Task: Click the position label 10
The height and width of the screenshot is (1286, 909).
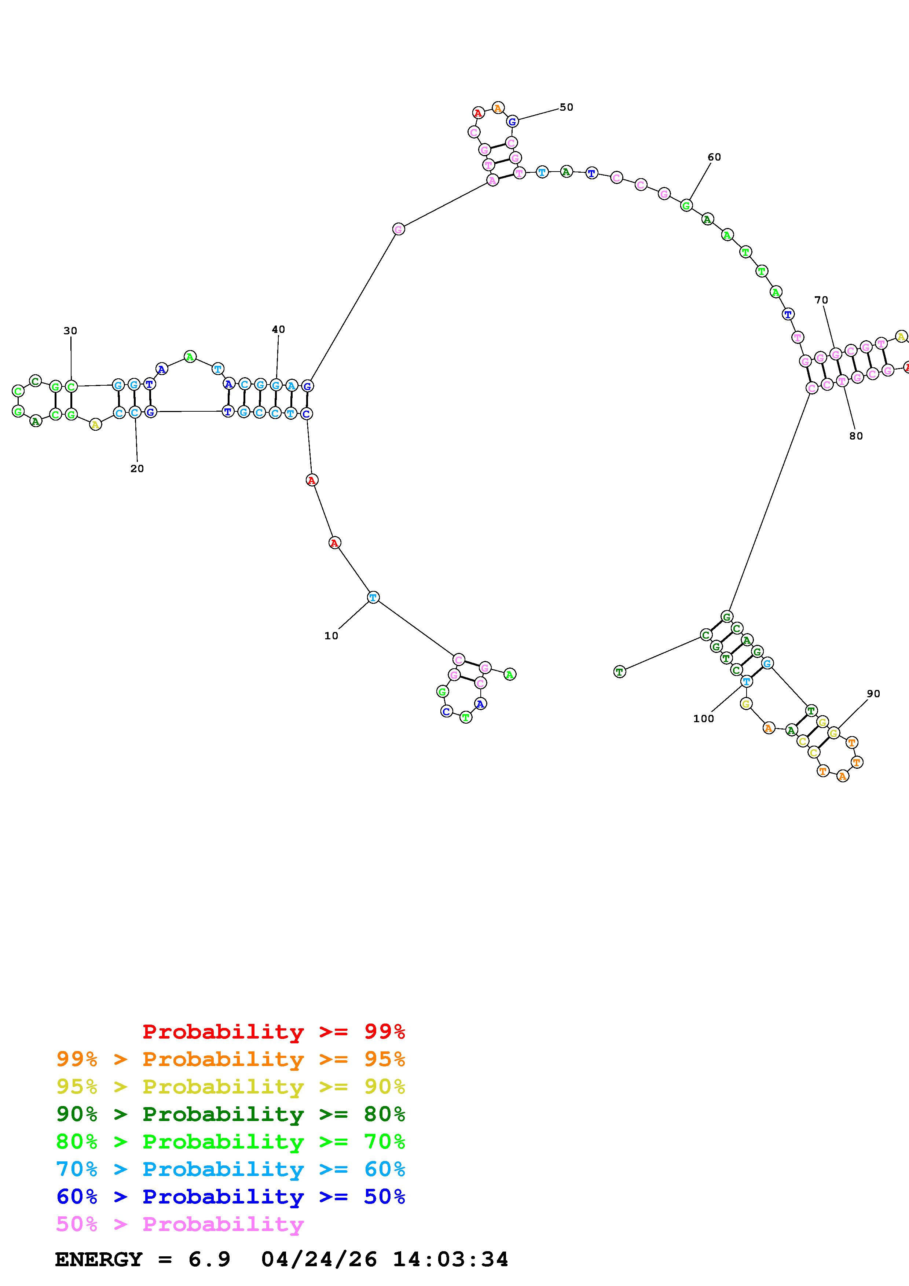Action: [331, 636]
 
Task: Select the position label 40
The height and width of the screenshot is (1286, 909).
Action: [278, 329]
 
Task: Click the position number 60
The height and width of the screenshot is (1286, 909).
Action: [714, 157]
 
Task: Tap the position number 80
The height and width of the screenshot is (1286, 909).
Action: [856, 436]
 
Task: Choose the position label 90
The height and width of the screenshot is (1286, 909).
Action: [873, 694]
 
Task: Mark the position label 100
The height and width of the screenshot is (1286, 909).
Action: [703, 719]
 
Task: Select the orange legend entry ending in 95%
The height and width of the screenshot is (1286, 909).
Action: [231, 1059]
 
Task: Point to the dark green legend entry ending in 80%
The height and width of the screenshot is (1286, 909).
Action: [231, 1114]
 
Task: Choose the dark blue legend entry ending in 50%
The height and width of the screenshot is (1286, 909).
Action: [231, 1197]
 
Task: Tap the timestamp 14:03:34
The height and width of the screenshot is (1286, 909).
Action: [450, 1259]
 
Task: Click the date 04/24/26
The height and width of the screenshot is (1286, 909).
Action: [319, 1259]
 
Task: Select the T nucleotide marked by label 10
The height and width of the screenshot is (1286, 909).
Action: [373, 598]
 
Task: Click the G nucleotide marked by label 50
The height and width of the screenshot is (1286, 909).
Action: [512, 122]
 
